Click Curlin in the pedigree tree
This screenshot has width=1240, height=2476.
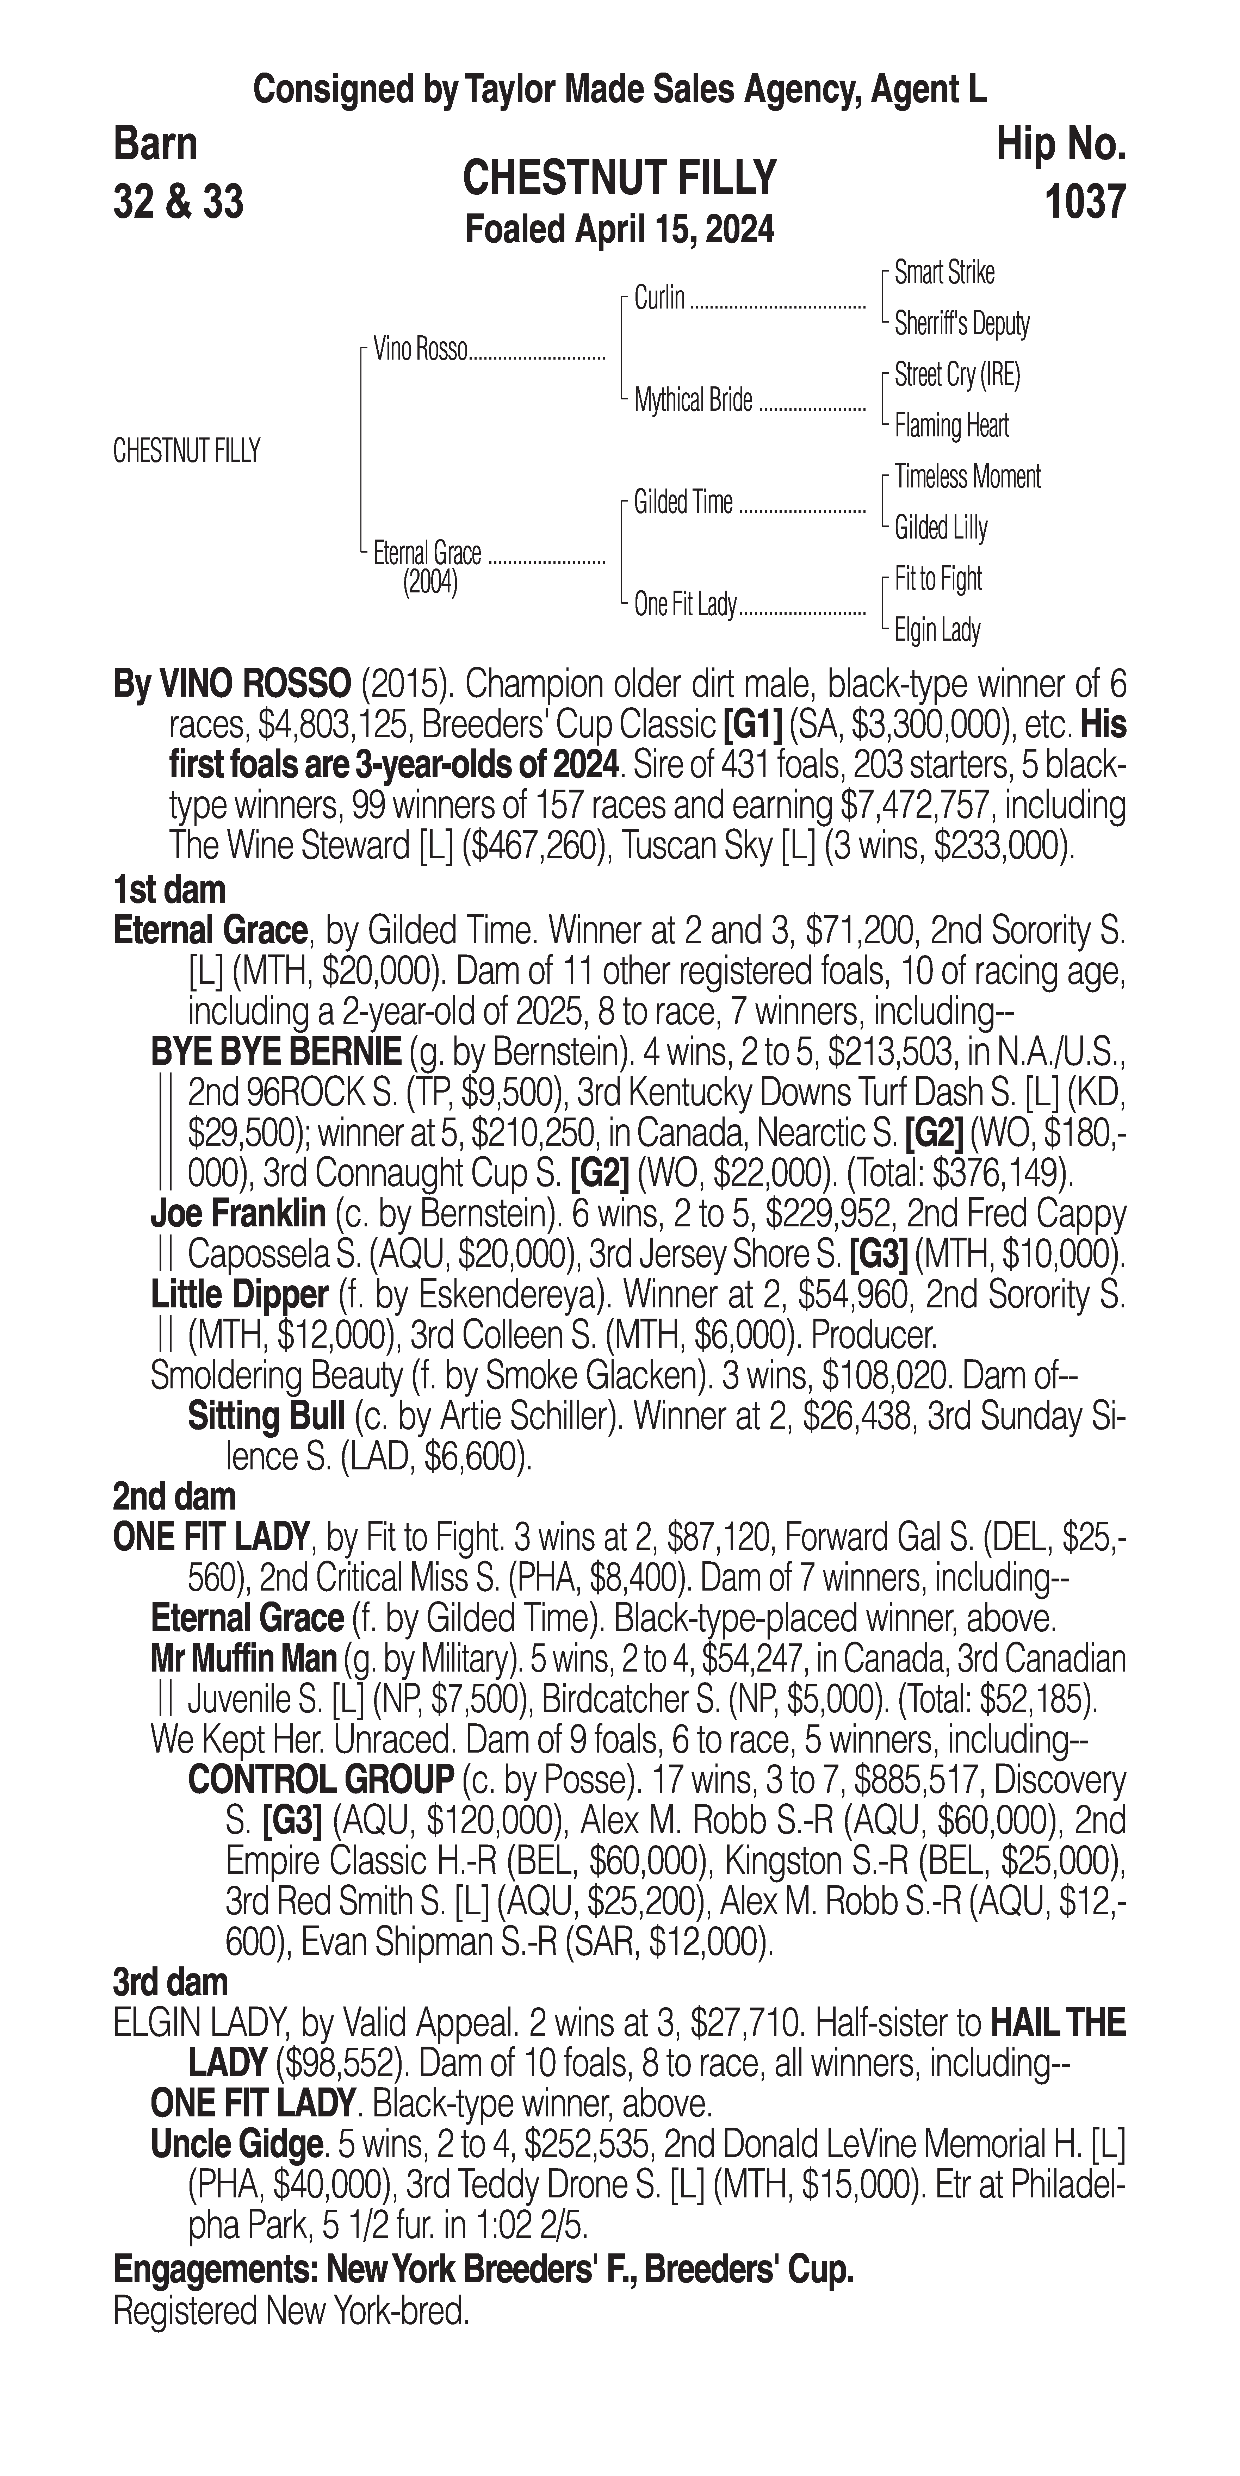tap(659, 299)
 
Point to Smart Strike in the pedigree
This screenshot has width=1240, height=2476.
tap(944, 273)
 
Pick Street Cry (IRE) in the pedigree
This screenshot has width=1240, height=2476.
tap(956, 375)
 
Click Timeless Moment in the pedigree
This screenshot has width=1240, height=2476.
tap(967, 477)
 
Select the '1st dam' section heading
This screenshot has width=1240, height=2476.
tap(169, 890)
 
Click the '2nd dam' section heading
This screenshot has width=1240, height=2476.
tap(174, 1497)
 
